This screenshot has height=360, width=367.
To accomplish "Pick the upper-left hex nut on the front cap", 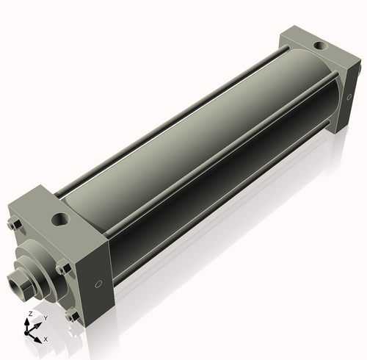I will (14, 226).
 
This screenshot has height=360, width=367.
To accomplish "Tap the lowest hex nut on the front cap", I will (70, 317).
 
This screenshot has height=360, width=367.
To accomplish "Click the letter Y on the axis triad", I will (45, 318).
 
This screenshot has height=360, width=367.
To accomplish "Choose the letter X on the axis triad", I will (45, 339).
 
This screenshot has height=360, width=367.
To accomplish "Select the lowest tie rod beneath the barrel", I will (220, 220).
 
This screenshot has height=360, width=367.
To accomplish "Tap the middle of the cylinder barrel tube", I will (198, 147).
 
